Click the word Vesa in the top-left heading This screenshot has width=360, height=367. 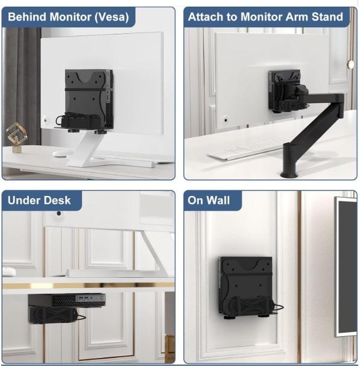(x=110, y=17)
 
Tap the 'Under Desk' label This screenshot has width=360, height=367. (x=39, y=201)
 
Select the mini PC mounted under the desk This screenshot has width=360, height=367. (x=66, y=300)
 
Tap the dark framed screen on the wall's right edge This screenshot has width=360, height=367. (x=346, y=265)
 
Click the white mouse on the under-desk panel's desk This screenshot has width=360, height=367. (x=8, y=272)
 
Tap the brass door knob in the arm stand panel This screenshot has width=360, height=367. (x=350, y=64)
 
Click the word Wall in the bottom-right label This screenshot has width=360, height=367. (x=219, y=201)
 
